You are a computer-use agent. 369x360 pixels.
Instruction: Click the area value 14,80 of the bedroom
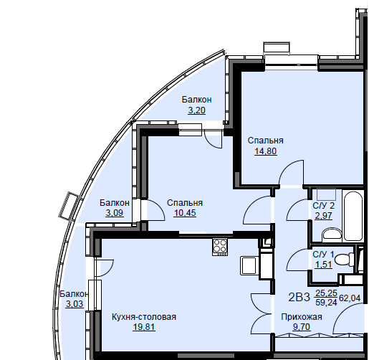point(266,151)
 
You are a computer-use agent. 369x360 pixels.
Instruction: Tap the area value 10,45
point(185,213)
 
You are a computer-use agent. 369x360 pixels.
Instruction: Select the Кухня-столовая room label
point(144,317)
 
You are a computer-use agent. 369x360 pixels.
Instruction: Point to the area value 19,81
point(144,326)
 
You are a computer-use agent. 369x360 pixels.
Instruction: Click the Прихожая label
point(302,317)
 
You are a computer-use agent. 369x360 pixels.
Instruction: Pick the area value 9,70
point(302,326)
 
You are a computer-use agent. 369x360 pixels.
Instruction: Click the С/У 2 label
point(324,206)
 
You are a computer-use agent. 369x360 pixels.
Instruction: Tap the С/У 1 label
point(323,255)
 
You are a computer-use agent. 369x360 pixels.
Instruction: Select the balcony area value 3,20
point(196,110)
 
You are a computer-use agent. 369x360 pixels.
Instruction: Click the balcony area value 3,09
point(115,213)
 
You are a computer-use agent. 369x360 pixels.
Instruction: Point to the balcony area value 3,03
point(75,304)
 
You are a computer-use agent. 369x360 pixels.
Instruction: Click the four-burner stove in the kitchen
point(220,247)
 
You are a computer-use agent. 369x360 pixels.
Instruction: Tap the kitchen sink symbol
point(249,265)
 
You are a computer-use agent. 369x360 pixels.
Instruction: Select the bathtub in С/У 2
point(353,215)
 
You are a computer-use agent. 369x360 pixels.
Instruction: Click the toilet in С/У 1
point(345,260)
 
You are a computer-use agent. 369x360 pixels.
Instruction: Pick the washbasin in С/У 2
point(332,235)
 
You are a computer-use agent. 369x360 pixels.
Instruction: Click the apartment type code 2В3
point(299,298)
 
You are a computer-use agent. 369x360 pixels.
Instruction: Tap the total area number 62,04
point(350,298)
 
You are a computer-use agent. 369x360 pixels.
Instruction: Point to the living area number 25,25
point(326,293)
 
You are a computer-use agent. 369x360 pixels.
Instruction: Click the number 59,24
point(326,303)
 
